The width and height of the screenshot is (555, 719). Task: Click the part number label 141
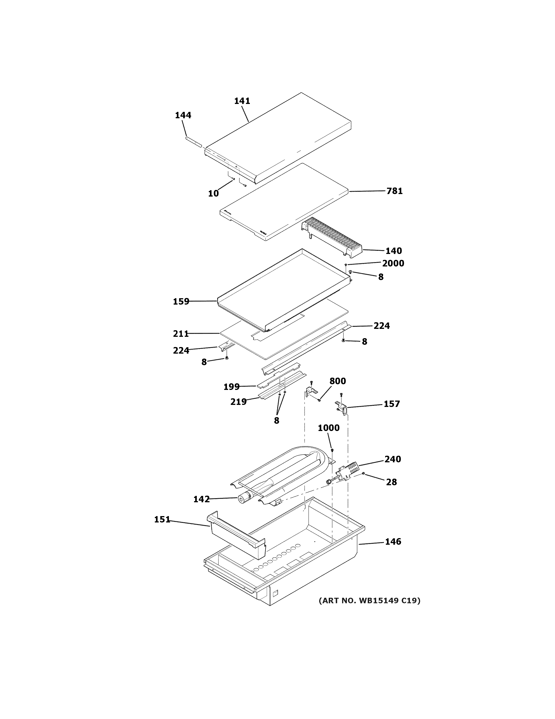pos(242,101)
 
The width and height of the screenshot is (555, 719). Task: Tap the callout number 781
pos(394,191)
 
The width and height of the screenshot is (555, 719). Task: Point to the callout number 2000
pos(393,263)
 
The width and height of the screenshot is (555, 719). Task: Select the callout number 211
pos(181,334)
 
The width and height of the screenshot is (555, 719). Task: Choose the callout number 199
pos(231,387)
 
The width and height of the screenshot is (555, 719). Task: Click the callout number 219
pos(238,402)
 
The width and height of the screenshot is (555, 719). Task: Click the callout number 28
pos(391,482)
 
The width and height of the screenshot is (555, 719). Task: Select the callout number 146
pos(393,542)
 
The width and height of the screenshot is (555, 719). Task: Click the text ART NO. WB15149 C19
pos(369,601)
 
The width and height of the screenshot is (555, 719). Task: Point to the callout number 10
pos(213,194)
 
